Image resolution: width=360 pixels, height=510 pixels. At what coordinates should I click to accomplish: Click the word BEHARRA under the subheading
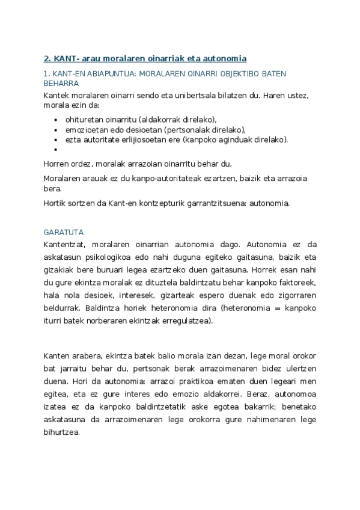[61, 84]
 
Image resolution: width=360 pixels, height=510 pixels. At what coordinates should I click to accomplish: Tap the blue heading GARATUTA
[64, 232]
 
